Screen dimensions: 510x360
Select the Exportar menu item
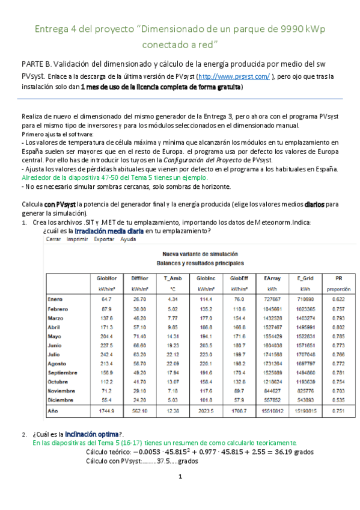102,239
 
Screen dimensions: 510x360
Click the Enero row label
55,299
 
